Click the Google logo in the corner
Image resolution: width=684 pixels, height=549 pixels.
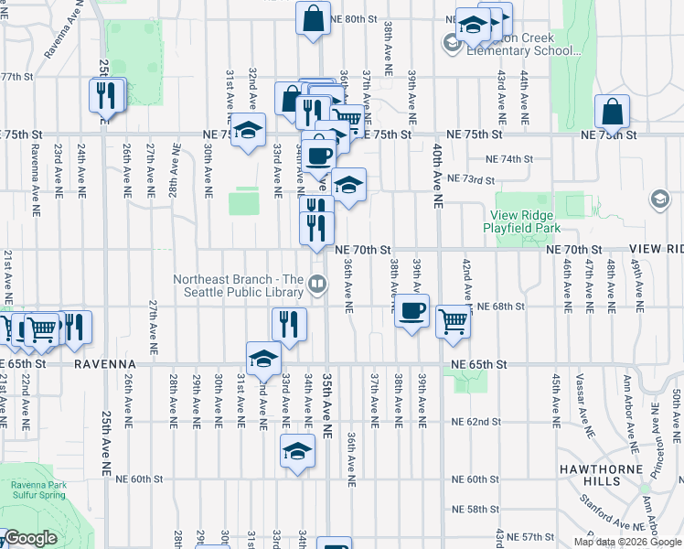pyautogui.click(x=30, y=538)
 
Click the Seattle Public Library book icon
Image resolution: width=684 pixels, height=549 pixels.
pyautogui.click(x=316, y=285)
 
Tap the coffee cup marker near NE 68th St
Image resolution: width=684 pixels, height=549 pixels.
pyautogui.click(x=411, y=311)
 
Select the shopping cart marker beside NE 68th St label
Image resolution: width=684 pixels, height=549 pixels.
pyautogui.click(x=453, y=321)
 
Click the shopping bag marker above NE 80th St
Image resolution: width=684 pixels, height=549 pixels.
pyautogui.click(x=313, y=19)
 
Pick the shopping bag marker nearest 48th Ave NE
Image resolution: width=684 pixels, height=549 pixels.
pyautogui.click(x=612, y=113)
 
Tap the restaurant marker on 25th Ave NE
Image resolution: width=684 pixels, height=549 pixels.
pyautogui.click(x=106, y=94)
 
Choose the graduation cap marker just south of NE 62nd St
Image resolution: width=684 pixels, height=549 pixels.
pyautogui.click(x=297, y=452)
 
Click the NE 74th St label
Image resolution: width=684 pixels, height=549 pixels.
pyautogui.click(x=509, y=159)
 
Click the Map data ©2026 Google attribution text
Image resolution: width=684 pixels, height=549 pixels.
pyautogui.click(x=627, y=542)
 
